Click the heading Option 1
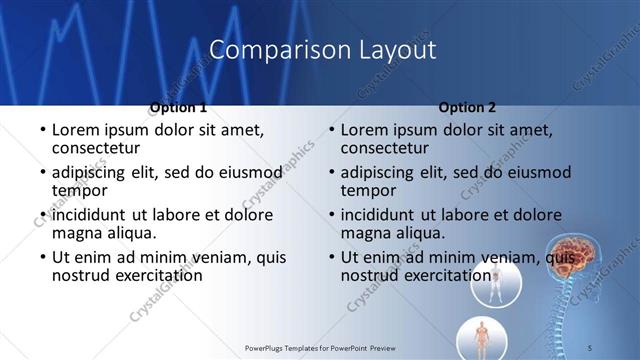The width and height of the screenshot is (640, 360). pyautogui.click(x=178, y=107)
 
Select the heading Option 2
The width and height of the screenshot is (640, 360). pyautogui.click(x=467, y=107)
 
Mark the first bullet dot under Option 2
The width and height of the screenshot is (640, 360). pyautogui.click(x=331, y=130)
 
